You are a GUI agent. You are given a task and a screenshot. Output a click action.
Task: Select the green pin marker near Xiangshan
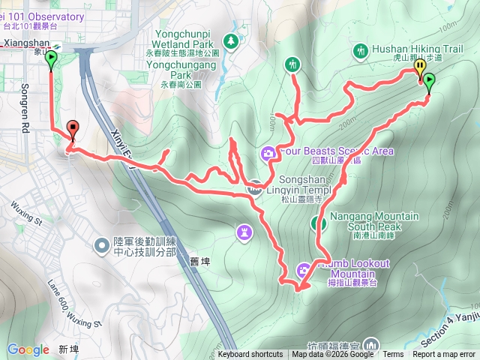coord(51,60)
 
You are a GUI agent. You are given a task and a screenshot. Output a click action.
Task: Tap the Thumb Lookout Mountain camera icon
coord(304,267)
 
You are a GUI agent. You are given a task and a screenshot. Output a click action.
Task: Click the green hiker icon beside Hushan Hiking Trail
coord(361,50)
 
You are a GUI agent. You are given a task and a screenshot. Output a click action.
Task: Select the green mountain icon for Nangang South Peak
coord(318,223)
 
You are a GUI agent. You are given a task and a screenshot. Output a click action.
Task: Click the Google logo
coord(28,349)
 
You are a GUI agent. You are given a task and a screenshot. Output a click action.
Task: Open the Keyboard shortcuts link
coord(250,355)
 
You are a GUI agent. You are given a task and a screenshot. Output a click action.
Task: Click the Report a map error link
coord(444,355)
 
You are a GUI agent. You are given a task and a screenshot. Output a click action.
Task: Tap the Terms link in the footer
coord(393,355)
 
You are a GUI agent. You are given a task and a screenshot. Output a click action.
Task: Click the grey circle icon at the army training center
coord(101,244)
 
